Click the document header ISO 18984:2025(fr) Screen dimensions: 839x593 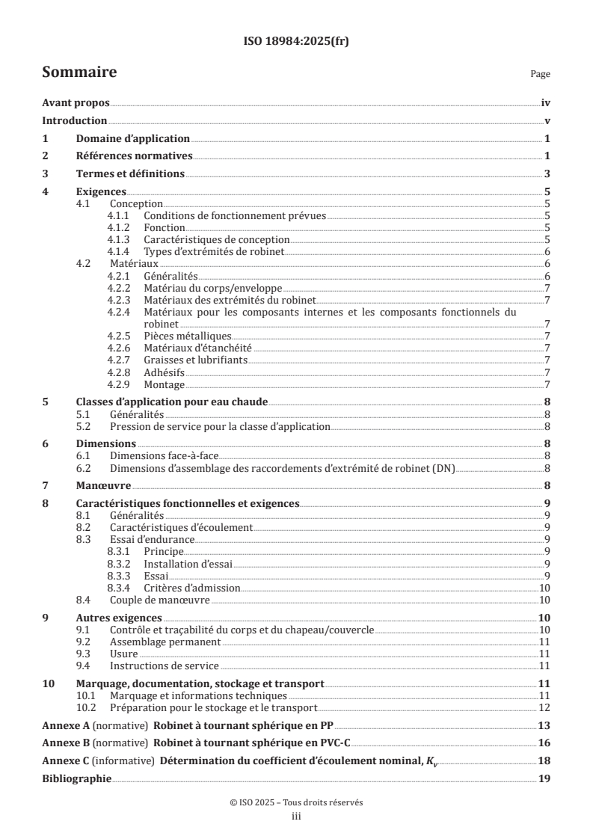tap(296, 42)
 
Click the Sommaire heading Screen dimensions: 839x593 tap(79, 73)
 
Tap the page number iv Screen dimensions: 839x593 tap(546, 104)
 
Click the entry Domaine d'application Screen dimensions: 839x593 tap(132, 139)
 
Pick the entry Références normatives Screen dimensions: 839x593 tap(135, 156)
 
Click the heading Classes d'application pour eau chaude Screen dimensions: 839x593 tap(173, 402)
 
